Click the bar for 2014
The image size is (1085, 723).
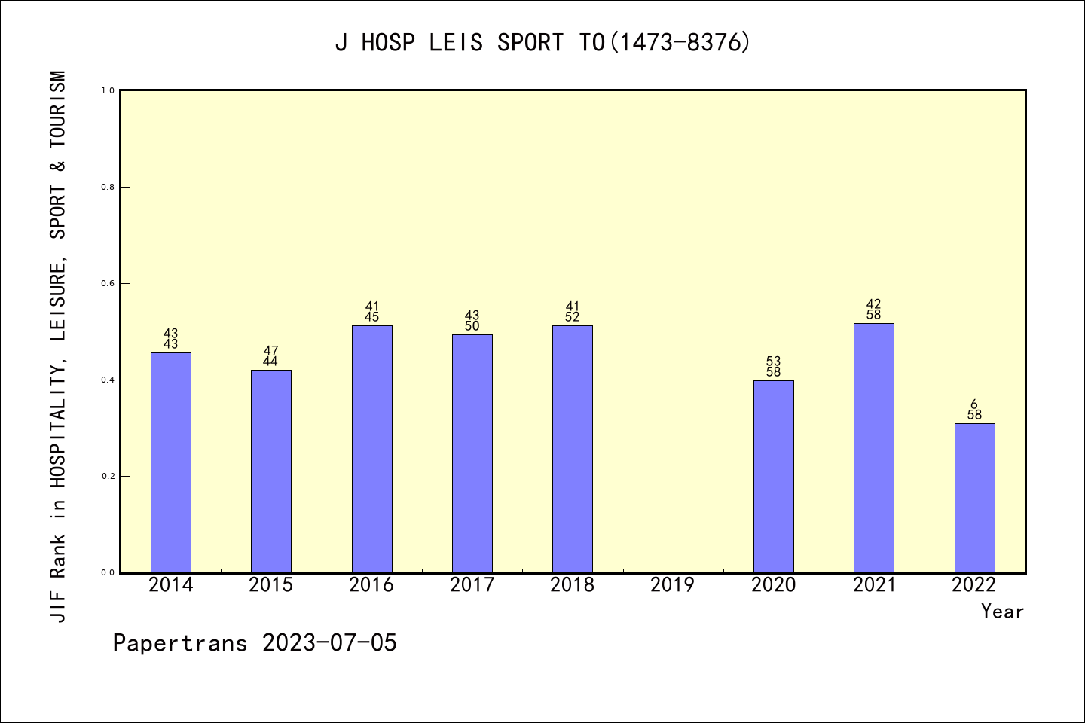(171, 462)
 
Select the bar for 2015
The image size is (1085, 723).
(271, 471)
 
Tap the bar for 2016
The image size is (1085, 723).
(372, 449)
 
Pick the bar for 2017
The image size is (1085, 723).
(472, 453)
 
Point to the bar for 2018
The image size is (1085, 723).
(573, 449)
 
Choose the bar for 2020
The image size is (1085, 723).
(774, 476)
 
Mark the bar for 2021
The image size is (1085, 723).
(874, 448)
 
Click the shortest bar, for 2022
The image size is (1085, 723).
(974, 498)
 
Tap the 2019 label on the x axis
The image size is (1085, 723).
(673, 585)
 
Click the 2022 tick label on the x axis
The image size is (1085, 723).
(974, 585)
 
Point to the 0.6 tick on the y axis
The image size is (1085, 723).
(108, 284)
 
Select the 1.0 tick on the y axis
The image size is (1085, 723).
(108, 91)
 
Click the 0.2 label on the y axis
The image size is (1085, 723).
(108, 477)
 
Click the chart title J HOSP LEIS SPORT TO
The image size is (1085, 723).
(542, 43)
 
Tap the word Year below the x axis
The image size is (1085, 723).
(1002, 612)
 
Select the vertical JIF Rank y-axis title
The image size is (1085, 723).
(59, 346)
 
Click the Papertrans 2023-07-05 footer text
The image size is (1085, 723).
(255, 643)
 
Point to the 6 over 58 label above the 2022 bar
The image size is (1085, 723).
(974, 410)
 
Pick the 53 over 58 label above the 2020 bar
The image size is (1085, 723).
(774, 367)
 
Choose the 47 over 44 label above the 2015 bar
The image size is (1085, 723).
(271, 356)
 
